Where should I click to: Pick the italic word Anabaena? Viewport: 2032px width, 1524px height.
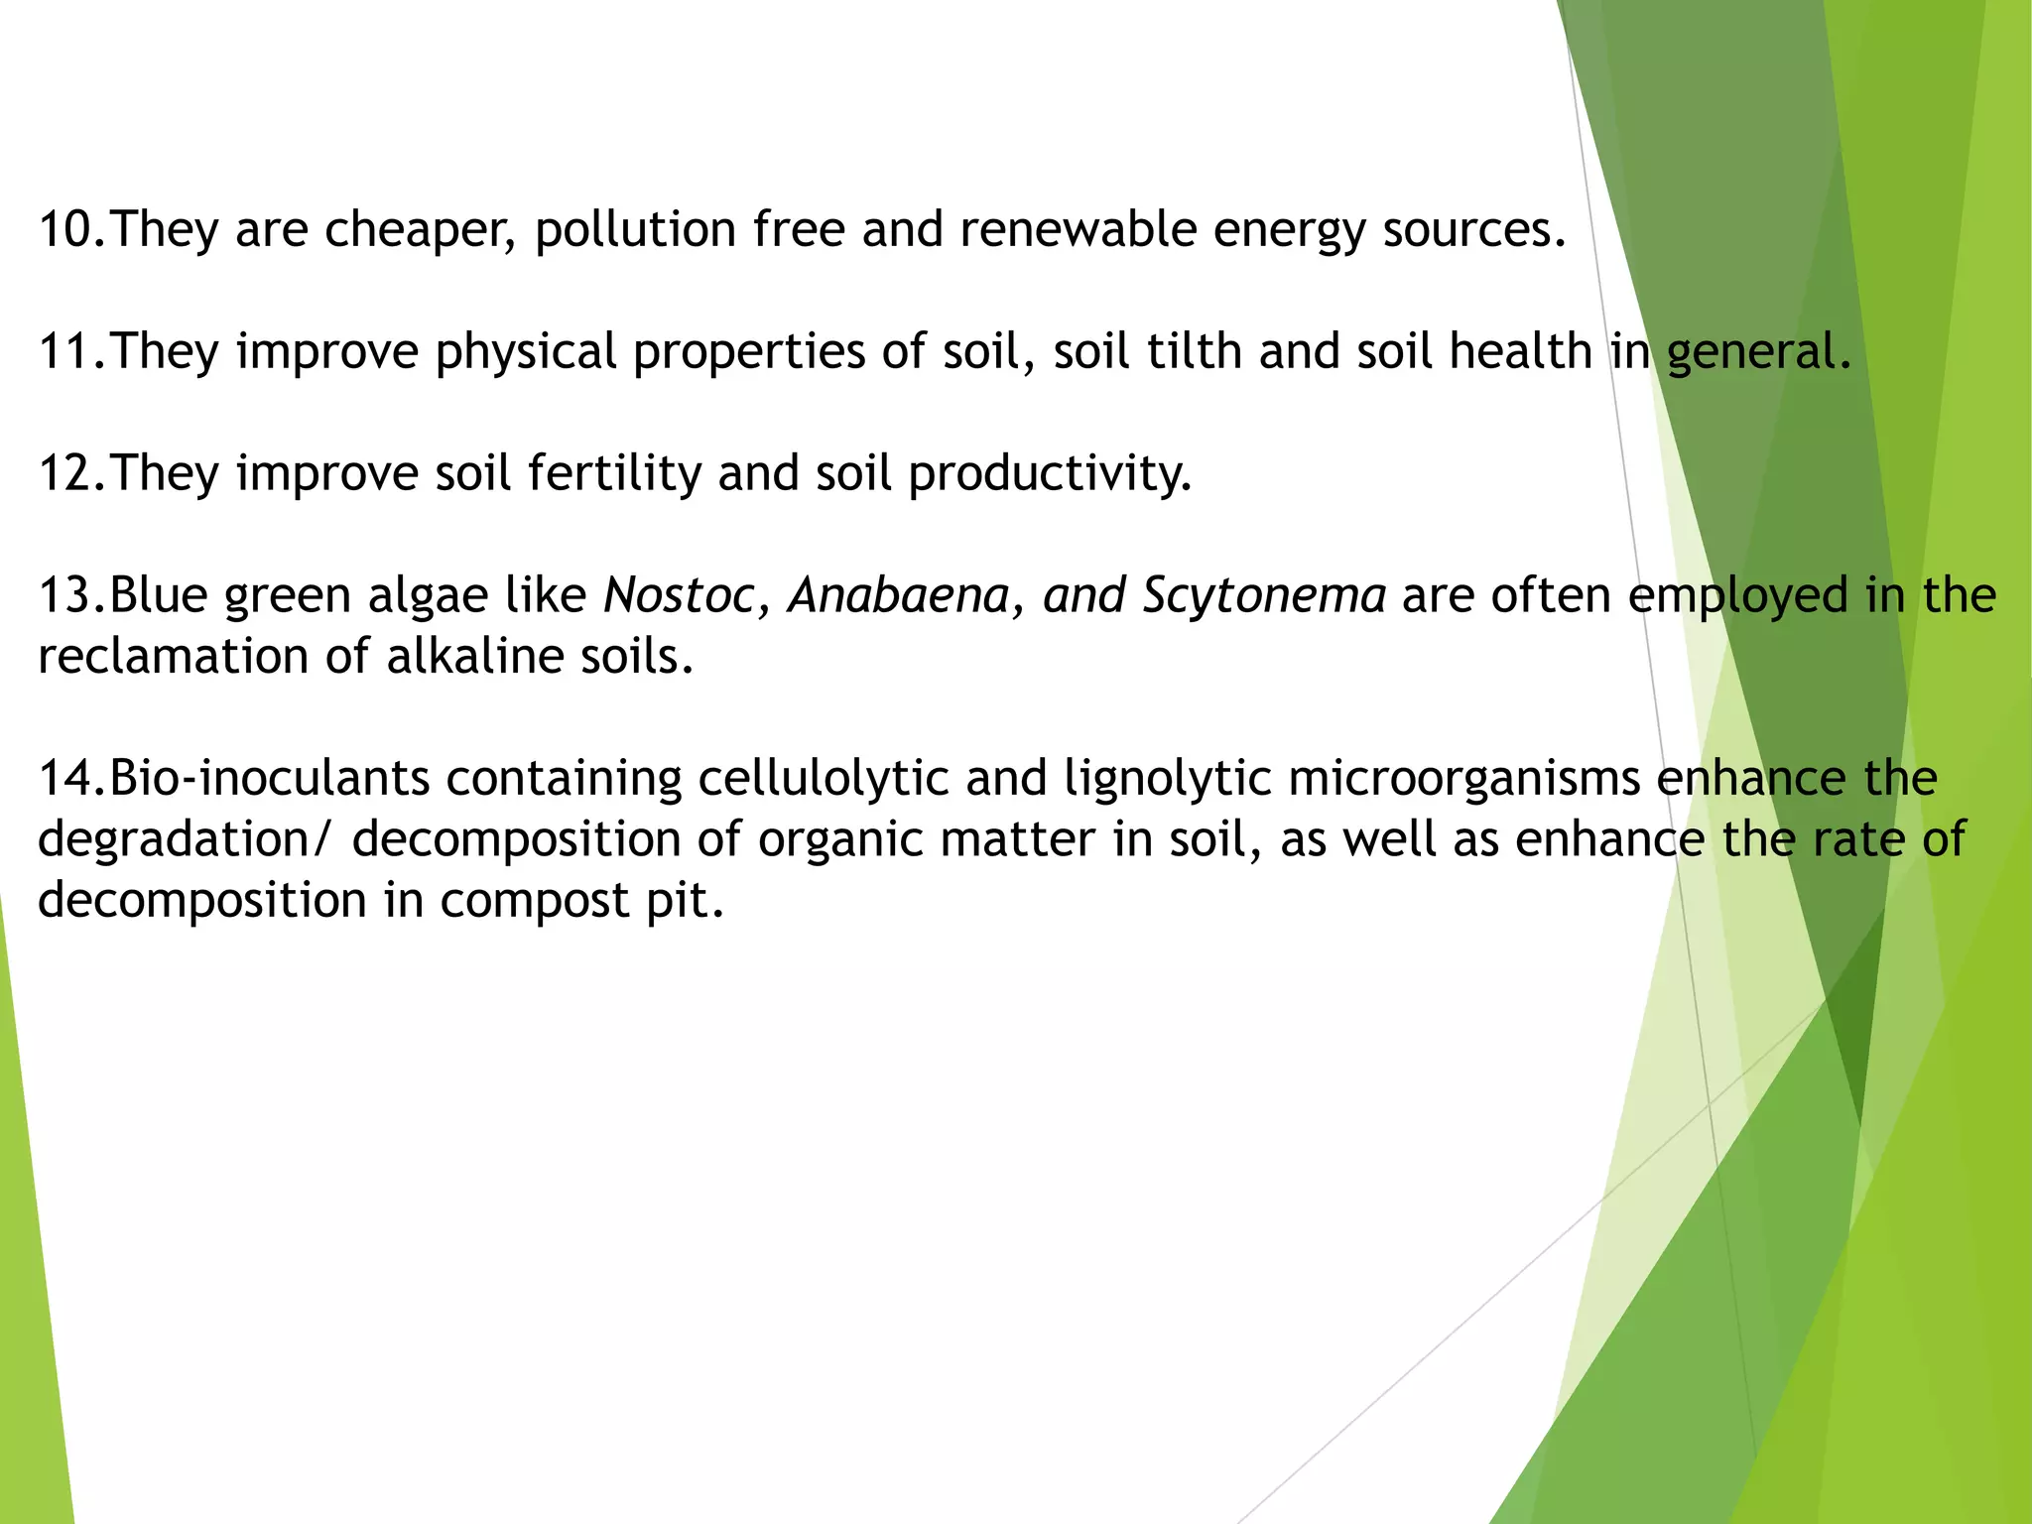898,596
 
